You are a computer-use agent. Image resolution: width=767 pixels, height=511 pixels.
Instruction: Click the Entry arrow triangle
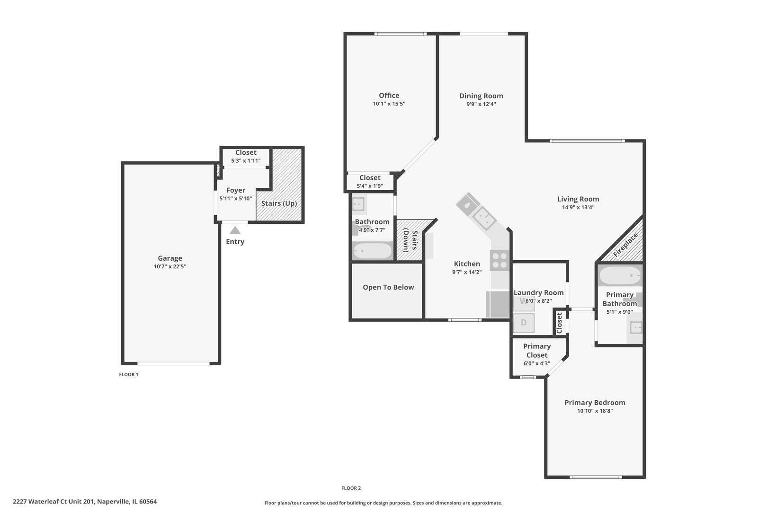click(235, 230)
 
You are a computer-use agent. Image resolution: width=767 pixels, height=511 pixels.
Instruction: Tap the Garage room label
click(170, 258)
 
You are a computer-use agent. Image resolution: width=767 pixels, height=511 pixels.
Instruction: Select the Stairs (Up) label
click(279, 203)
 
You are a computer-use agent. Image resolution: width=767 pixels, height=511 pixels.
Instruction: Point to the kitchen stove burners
click(499, 260)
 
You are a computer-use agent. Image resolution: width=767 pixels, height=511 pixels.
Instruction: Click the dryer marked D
click(524, 323)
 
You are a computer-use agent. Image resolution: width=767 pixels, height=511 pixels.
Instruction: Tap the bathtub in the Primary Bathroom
click(620, 275)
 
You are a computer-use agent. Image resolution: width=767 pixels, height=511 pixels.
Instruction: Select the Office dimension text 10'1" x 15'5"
click(389, 104)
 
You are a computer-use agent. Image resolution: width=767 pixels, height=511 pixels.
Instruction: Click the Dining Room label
click(481, 96)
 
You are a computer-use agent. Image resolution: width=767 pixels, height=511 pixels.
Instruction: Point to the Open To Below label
click(388, 287)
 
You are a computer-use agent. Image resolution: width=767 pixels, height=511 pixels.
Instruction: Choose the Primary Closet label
click(537, 351)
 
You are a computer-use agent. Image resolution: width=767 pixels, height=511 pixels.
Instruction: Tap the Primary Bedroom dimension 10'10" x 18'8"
click(595, 411)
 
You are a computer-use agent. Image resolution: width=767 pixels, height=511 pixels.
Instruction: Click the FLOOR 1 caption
click(128, 374)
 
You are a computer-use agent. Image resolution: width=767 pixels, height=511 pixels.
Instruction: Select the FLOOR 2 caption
click(351, 488)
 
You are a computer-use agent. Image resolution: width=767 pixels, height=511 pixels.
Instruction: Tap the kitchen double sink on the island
click(484, 218)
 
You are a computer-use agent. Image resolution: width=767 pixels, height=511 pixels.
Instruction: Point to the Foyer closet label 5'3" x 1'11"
click(246, 161)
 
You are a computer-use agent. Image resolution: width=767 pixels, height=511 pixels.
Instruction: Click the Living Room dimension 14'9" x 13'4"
click(578, 207)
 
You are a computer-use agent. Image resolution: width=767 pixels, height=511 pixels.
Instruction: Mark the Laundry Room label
click(539, 293)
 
